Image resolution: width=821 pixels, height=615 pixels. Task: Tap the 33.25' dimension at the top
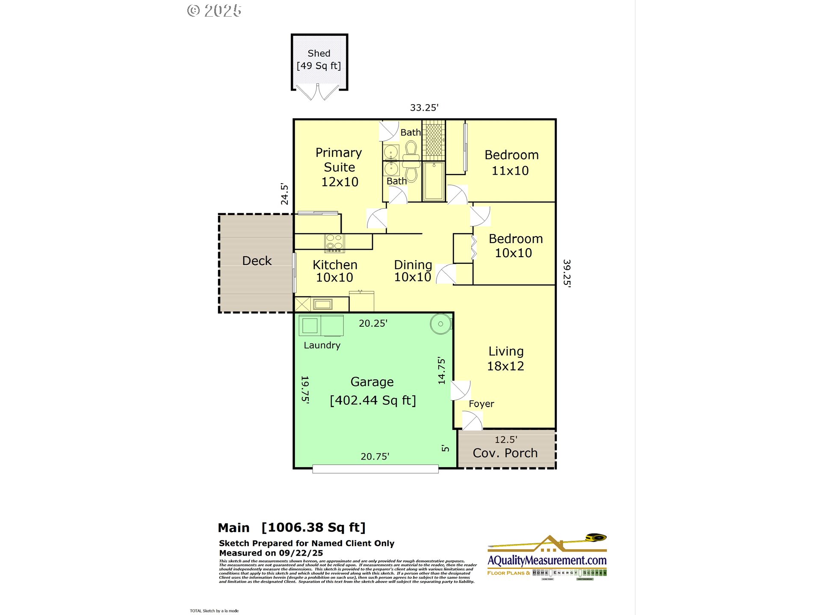pyautogui.click(x=424, y=108)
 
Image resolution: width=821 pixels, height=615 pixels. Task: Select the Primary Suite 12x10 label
pyautogui.click(x=339, y=167)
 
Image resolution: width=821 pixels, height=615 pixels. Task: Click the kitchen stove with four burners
pyautogui.click(x=334, y=243)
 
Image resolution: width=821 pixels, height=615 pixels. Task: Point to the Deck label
pyautogui.click(x=257, y=261)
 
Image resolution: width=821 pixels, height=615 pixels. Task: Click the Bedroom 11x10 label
pyautogui.click(x=511, y=163)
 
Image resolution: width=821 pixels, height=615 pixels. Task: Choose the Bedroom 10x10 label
pyautogui.click(x=515, y=246)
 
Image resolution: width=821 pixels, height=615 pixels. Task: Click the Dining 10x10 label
pyautogui.click(x=413, y=271)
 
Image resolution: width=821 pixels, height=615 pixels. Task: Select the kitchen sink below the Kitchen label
pyautogui.click(x=322, y=304)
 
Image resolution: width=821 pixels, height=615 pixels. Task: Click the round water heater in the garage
pyautogui.click(x=440, y=324)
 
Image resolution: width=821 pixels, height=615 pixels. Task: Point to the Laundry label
pyautogui.click(x=322, y=345)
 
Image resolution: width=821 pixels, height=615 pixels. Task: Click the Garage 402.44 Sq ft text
pyautogui.click(x=372, y=391)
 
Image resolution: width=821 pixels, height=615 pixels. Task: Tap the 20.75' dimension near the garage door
pyautogui.click(x=375, y=457)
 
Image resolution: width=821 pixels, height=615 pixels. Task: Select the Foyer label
pyautogui.click(x=481, y=404)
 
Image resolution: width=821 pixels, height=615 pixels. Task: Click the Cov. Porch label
pyautogui.click(x=505, y=453)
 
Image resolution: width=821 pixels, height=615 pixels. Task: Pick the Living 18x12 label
pyautogui.click(x=506, y=358)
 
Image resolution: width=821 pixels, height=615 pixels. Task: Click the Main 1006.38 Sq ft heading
pyautogui.click(x=292, y=527)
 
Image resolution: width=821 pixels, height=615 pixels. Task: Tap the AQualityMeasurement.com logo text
pyautogui.click(x=547, y=560)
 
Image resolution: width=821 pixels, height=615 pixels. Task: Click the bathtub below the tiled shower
pyautogui.click(x=434, y=181)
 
